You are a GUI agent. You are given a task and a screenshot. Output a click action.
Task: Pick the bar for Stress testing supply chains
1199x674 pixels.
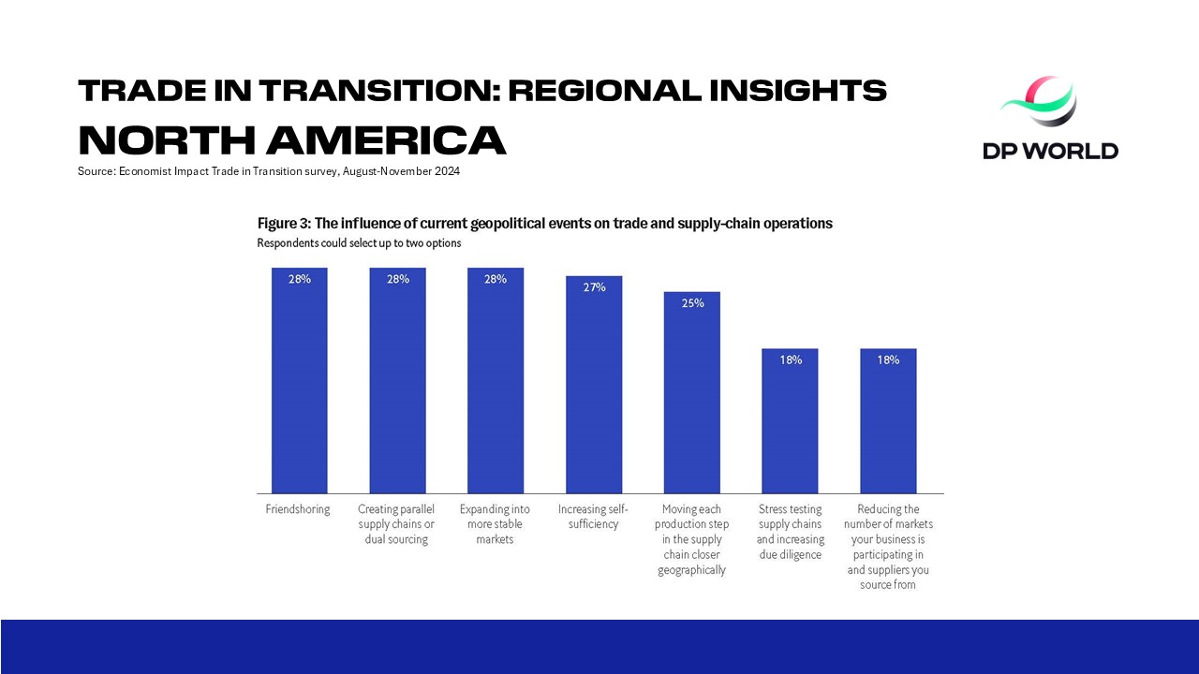(x=790, y=420)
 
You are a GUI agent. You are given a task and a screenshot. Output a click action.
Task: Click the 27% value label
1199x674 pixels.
(x=594, y=287)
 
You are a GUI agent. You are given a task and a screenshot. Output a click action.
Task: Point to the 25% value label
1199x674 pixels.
(x=692, y=302)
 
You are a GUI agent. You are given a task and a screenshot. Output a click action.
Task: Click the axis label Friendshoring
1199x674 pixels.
(x=299, y=509)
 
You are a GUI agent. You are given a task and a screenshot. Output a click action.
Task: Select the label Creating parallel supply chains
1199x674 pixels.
(x=396, y=524)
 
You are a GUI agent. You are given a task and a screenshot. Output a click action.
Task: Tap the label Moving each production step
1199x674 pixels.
(x=691, y=539)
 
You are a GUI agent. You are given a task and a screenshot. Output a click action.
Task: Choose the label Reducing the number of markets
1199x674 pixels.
(x=888, y=547)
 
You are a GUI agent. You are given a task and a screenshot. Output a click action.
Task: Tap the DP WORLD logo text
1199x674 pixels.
(x=1050, y=150)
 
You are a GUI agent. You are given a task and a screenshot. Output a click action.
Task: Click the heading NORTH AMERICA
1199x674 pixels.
(x=292, y=140)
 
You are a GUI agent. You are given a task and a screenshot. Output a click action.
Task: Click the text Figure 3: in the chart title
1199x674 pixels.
(x=284, y=224)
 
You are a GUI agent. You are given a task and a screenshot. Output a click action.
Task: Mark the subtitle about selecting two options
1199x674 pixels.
(x=359, y=243)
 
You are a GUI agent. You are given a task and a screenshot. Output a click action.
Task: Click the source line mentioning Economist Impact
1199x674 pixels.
(x=269, y=171)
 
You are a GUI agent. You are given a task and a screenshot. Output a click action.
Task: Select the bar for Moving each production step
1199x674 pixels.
(x=692, y=392)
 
